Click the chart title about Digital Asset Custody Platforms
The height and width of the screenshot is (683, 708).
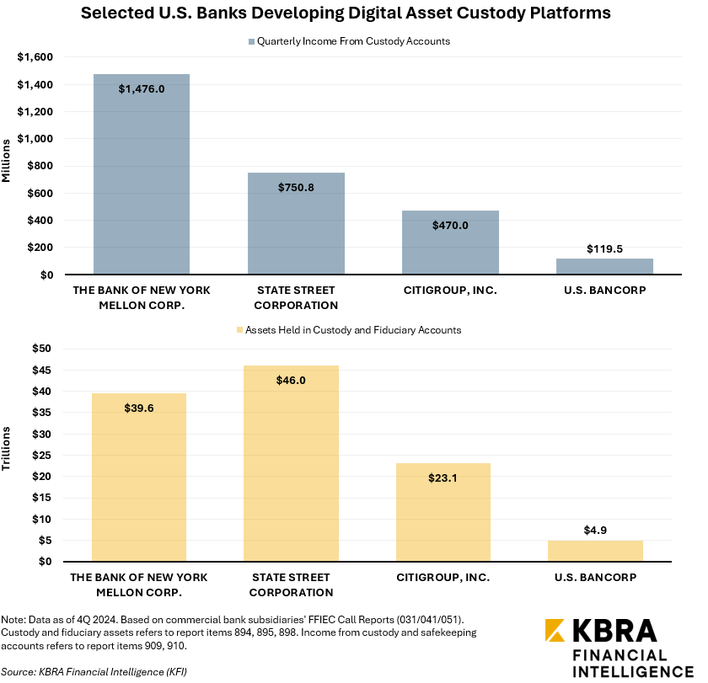pos(353,14)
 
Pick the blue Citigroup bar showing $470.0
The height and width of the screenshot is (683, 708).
pos(450,248)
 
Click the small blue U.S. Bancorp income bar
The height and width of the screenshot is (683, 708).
pos(604,267)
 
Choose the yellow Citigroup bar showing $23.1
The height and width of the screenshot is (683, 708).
pos(442,514)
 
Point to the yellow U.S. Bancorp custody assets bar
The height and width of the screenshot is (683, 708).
pos(595,552)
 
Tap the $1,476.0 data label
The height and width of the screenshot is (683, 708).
pos(142,88)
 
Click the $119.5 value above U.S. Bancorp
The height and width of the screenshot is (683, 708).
pos(604,249)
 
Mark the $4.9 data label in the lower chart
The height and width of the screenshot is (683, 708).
pos(595,531)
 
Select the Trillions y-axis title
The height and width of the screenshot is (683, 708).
pos(8,449)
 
